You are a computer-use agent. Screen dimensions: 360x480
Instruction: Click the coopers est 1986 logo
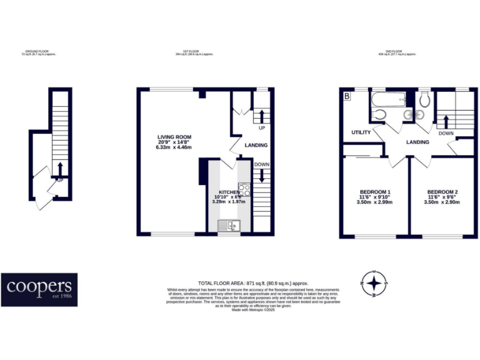point(39,289)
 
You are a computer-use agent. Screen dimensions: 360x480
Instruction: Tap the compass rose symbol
point(374,284)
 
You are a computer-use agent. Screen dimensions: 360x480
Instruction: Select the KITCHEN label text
point(229,192)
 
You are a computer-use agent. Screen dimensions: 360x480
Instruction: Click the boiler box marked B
point(347,96)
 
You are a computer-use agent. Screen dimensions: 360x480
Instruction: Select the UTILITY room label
point(361,132)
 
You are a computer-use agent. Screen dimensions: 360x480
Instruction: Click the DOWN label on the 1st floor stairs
point(261,164)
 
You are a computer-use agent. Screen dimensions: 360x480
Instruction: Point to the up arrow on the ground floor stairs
point(60,168)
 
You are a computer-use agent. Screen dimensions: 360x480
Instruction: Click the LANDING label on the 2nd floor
point(417,142)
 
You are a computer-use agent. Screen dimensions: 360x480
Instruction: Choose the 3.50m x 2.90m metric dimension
point(442,202)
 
